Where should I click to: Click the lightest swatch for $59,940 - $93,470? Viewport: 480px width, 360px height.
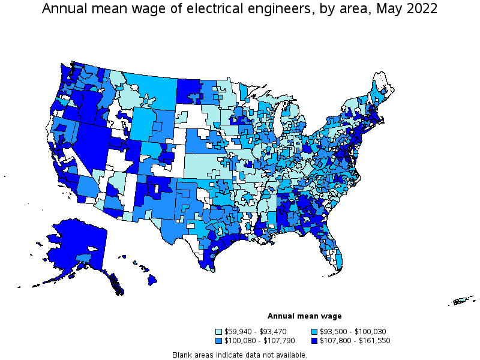click(219, 331)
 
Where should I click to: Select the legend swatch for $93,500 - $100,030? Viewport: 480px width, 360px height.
click(314, 331)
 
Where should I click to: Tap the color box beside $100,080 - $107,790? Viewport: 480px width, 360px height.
click(219, 340)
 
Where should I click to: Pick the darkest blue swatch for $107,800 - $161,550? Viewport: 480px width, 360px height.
click(314, 340)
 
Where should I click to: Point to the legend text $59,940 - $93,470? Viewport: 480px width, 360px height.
click(255, 331)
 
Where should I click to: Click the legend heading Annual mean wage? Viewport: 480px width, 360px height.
click(304, 316)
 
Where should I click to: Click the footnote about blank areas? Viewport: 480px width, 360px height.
click(239, 355)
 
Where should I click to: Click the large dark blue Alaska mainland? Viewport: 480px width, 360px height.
click(75, 246)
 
